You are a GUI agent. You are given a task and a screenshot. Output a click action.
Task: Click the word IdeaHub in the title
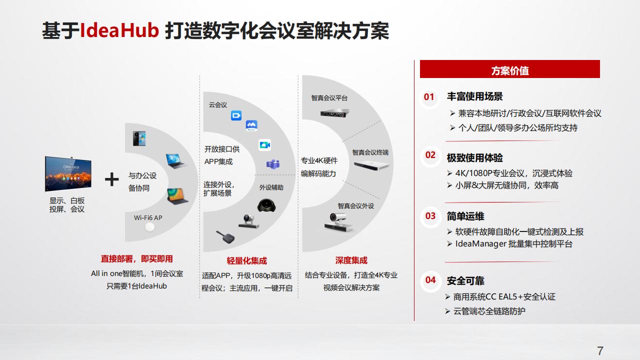pos(119,31)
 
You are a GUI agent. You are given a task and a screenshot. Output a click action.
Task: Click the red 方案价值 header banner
pos(509,70)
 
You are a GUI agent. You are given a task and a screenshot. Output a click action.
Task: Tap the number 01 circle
pos(429,97)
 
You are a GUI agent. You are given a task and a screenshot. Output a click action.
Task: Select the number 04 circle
pos(430,280)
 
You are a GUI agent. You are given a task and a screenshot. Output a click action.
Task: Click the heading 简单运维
pos(465,216)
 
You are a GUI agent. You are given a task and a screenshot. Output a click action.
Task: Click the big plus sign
pos(111,179)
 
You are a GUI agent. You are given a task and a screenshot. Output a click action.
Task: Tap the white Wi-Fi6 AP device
pos(149,228)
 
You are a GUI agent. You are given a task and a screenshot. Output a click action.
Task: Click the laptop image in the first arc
pos(176,161)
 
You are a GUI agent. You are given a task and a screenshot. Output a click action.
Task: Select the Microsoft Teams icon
pos(272,164)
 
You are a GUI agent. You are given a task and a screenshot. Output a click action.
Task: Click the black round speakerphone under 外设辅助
pos(269,205)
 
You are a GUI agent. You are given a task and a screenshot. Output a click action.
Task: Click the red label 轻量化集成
pos(246,260)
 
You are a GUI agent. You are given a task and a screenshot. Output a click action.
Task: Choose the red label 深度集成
pos(351,260)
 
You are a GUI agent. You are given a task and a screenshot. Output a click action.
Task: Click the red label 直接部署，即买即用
pos(136,258)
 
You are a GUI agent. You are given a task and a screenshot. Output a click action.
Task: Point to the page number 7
pos(600,350)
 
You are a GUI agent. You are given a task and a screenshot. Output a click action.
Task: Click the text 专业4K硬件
pos(319,160)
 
